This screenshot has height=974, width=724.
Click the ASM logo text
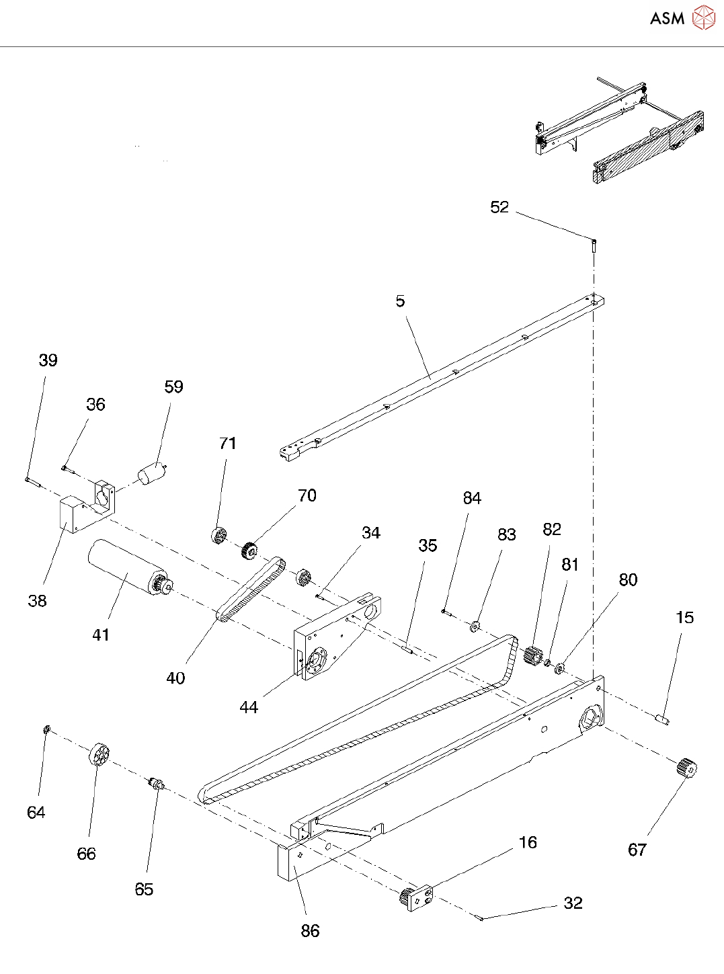667,18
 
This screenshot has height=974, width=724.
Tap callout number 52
499,207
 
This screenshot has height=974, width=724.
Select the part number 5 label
400,301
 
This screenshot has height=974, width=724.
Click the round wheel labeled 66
99,754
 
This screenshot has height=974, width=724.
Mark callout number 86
310,931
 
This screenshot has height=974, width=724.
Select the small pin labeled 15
662,719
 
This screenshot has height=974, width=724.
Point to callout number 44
249,707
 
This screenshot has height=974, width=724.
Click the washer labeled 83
475,626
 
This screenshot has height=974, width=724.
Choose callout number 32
573,903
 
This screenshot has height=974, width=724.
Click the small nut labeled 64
47,729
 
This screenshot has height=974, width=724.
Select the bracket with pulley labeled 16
417,897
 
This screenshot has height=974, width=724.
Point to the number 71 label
228,444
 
